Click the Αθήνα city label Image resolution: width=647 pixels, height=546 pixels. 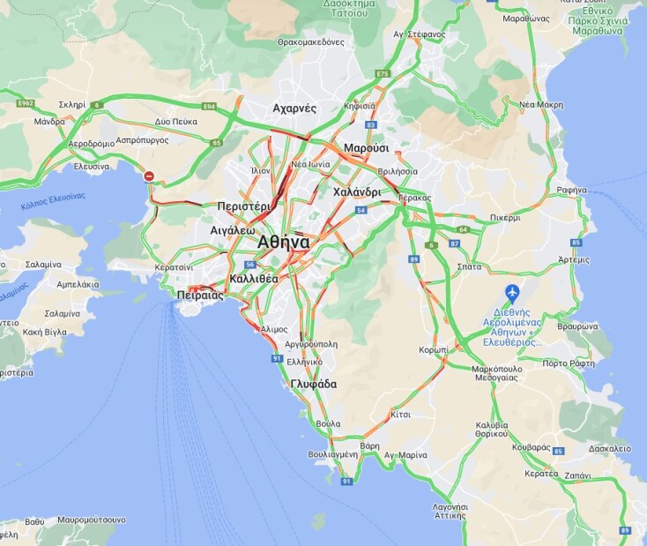pyautogui.click(x=283, y=242)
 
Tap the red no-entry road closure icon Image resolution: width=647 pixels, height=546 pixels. pyautogui.click(x=150, y=176)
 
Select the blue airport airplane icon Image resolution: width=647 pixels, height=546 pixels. pyautogui.click(x=511, y=291)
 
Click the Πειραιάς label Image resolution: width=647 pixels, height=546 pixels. pyautogui.click(x=200, y=295)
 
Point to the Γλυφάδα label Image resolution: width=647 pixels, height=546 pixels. pyautogui.click(x=314, y=384)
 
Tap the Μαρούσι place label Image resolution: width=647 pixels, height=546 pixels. pyautogui.click(x=366, y=148)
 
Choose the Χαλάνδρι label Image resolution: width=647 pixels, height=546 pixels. pyautogui.click(x=357, y=191)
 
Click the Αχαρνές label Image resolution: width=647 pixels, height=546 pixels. pyautogui.click(x=294, y=108)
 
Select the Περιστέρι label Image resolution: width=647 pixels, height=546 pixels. pyautogui.click(x=243, y=206)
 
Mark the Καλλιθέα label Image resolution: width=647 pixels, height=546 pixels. pyautogui.click(x=253, y=278)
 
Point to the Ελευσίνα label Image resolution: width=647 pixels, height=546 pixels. pyautogui.click(x=92, y=166)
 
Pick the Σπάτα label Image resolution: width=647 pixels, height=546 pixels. pyautogui.click(x=470, y=265)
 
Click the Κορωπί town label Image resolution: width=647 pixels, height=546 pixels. pyautogui.click(x=433, y=349)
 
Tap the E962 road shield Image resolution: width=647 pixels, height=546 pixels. pyautogui.click(x=25, y=103)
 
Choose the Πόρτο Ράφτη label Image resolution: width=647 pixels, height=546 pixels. pyautogui.click(x=567, y=363)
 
